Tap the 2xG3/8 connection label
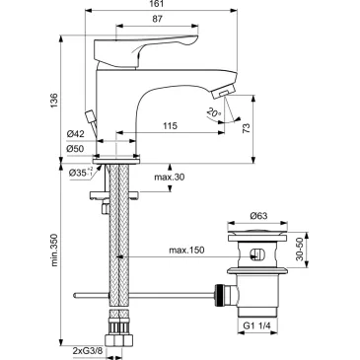[94, 350]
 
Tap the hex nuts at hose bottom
[118, 329]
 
